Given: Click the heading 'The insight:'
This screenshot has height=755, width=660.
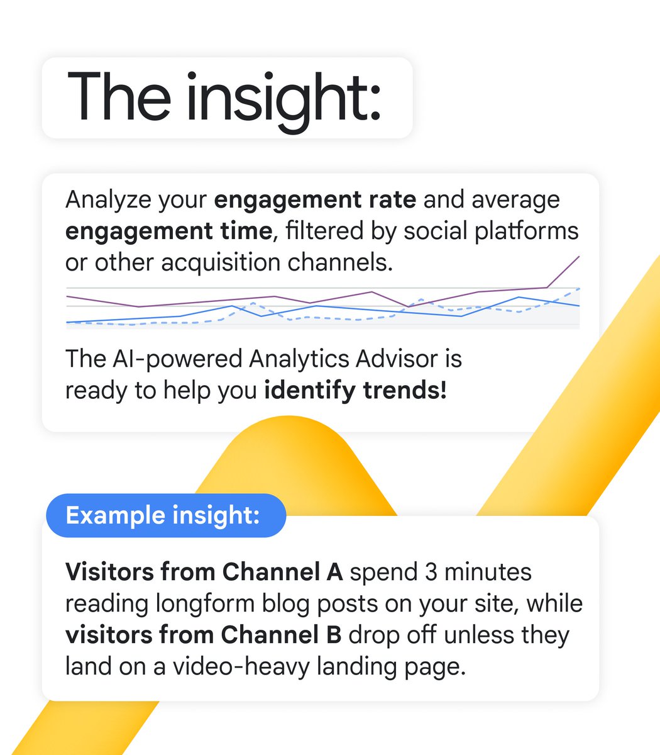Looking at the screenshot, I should pos(224,98).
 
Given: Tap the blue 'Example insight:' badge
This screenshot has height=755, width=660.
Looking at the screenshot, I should pos(163,515).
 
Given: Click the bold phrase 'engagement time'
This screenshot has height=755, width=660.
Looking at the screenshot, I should pos(168,232).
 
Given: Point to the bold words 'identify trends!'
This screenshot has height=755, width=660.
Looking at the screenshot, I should pos(355,391).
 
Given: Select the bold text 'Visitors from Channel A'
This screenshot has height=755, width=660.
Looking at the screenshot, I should pos(204,572).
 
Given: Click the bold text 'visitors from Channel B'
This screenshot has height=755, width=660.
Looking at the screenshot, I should pos(203,635).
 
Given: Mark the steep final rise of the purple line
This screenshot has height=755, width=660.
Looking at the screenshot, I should pos(564,271).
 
